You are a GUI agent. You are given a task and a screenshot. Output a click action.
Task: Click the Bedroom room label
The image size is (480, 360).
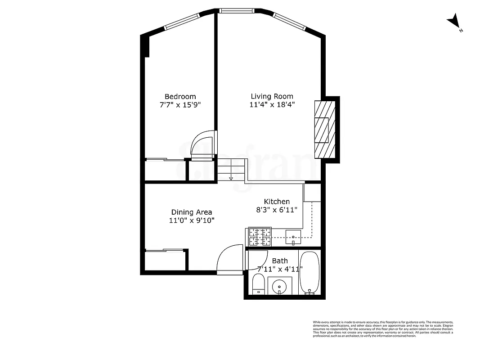point(180,96)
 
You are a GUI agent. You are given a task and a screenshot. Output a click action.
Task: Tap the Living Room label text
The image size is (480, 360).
point(272,96)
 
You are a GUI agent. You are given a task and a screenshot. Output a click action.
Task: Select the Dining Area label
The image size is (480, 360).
point(192,212)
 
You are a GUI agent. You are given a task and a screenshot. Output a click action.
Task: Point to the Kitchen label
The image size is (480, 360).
point(277,202)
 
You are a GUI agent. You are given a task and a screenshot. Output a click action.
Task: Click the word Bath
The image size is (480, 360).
point(280,261)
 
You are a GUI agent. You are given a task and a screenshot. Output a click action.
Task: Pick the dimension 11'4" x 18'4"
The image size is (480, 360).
point(272,105)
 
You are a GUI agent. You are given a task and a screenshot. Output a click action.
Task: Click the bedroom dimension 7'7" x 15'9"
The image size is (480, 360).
point(180,105)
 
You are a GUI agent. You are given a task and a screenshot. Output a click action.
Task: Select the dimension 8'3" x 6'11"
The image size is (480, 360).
point(277,210)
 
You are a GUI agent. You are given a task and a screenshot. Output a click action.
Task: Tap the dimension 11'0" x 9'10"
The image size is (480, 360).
point(192,220)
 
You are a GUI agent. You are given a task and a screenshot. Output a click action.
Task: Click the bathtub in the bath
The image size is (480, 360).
point(310,273)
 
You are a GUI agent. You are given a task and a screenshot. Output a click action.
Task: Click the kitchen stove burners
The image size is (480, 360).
point(259,237)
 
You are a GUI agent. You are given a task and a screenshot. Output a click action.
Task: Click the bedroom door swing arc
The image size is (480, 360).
point(203,144)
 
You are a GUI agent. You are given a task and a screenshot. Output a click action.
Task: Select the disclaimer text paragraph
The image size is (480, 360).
point(383,329)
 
